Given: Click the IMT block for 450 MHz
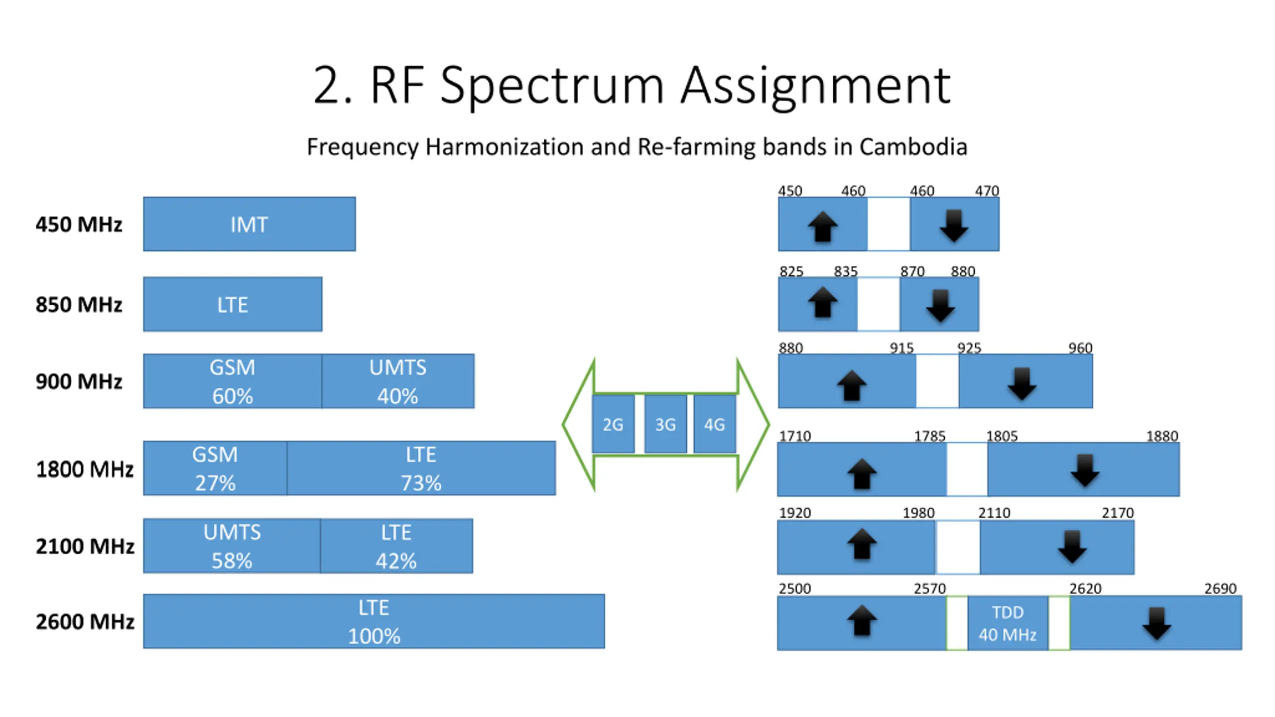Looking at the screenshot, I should tap(249, 224).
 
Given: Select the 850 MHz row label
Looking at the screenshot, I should tap(79, 304).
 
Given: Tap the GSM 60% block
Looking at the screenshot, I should tap(232, 381).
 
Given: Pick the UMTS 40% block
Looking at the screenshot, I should tap(398, 381).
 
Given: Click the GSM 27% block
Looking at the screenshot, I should tap(215, 469).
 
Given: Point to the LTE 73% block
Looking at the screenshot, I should tap(421, 469).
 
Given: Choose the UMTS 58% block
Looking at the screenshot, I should tap(232, 546).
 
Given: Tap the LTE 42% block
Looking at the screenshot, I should tap(396, 546).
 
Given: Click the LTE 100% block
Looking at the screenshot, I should tap(374, 621).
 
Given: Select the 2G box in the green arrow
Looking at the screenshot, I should tap(613, 424).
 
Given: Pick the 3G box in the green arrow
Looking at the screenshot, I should tap(665, 424).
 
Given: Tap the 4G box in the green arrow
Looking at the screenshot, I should tap(714, 424).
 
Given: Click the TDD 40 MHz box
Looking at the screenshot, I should tap(1008, 623).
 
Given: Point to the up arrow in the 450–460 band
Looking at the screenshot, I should tap(823, 227).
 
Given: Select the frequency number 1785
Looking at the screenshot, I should tap(929, 436).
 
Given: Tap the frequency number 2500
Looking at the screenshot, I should tap(795, 589).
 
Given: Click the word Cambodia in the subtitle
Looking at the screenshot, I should tap(913, 147).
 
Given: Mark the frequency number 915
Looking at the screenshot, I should tap(902, 348).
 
